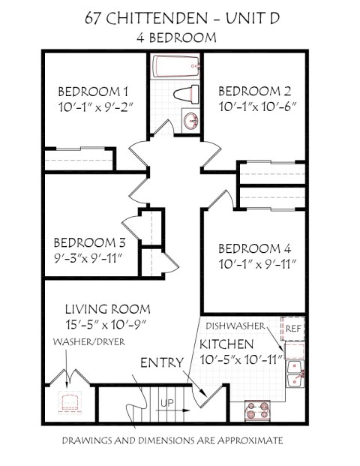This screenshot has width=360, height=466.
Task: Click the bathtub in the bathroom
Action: click(176, 67)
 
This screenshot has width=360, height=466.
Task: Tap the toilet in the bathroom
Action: click(186, 94)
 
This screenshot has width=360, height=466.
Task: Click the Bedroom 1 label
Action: click(94, 92)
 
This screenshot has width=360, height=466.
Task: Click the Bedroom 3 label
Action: click(89, 242)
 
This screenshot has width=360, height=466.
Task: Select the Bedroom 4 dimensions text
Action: click(258, 264)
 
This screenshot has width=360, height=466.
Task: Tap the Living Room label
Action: click(106, 308)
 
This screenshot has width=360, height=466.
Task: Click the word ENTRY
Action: click(163, 363)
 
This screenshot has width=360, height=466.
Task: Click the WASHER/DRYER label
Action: click(88, 341)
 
